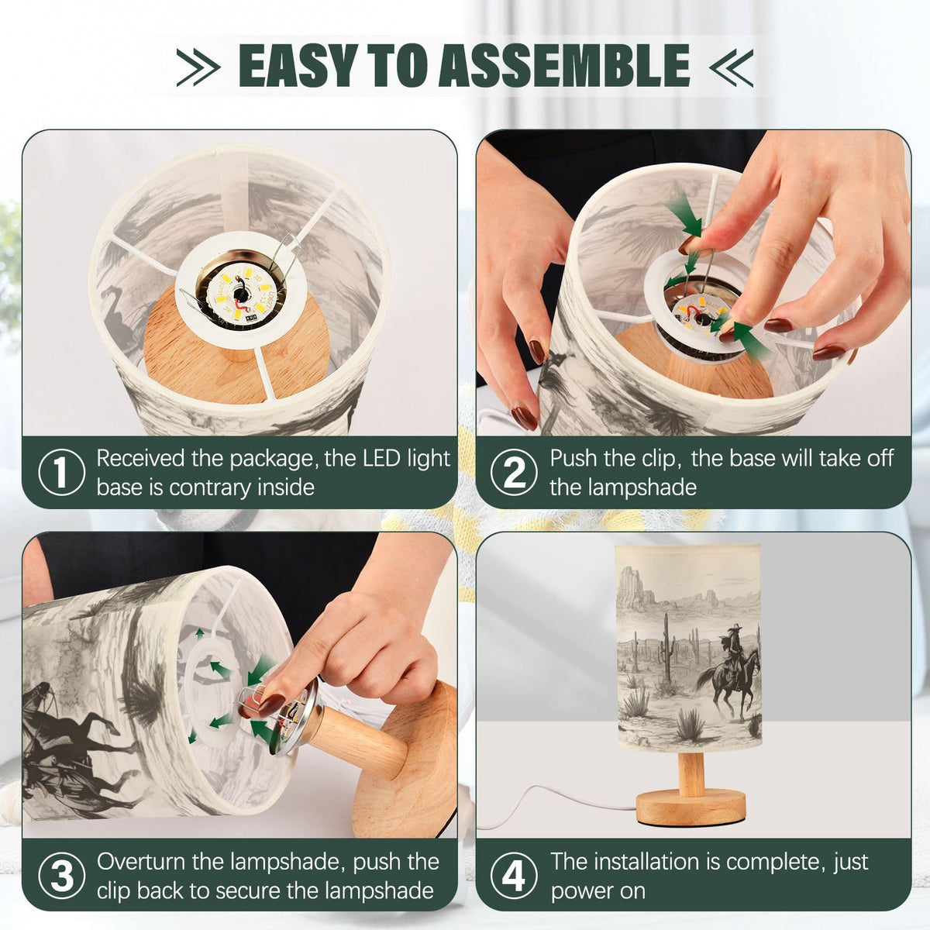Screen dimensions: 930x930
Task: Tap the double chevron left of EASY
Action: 198,67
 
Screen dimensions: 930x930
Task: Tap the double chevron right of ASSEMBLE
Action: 731,67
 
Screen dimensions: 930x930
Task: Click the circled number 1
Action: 61,472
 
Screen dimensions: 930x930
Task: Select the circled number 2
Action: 514,472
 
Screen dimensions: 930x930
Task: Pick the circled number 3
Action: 61,876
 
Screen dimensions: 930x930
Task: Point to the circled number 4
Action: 514,876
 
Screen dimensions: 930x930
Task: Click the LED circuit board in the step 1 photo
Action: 241,294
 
